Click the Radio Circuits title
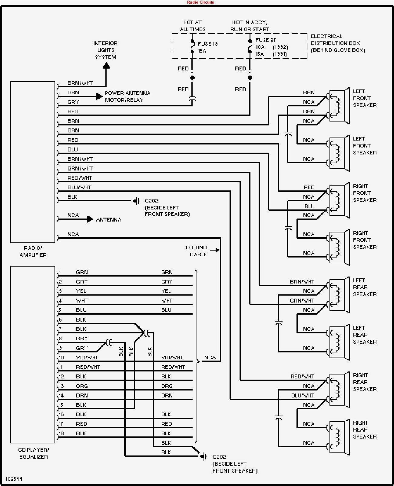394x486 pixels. click(x=200, y=2)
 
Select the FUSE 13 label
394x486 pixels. click(x=207, y=44)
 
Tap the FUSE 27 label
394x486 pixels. click(x=265, y=40)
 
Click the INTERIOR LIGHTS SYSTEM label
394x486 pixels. click(x=105, y=50)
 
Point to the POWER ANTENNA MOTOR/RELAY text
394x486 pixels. click(x=127, y=97)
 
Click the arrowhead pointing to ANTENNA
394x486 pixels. click(x=90, y=219)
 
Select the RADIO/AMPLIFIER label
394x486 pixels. click(x=33, y=251)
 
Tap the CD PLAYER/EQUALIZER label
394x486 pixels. click(x=33, y=453)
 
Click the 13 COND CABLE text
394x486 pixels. click(x=196, y=251)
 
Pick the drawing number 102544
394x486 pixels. click(x=14, y=479)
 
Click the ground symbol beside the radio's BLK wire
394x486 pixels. click(x=137, y=201)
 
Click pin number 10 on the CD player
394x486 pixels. click(x=61, y=358)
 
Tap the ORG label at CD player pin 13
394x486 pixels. click(x=81, y=386)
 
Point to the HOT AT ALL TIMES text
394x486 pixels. click(x=192, y=26)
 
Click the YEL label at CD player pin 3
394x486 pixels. click(x=81, y=291)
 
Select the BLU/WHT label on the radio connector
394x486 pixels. click(x=79, y=187)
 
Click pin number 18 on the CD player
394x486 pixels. click(x=61, y=433)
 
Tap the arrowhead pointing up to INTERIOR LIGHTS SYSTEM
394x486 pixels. click(x=106, y=65)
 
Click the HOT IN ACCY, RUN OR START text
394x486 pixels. click(x=250, y=26)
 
